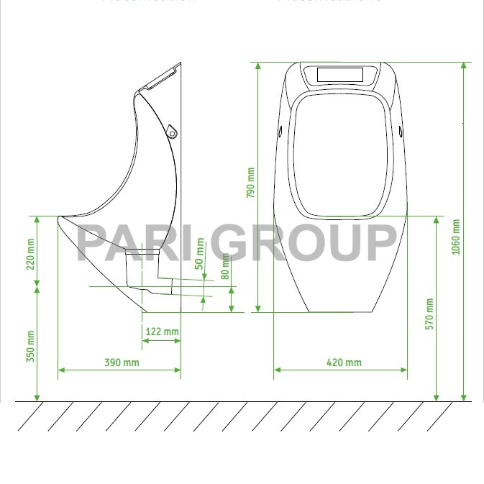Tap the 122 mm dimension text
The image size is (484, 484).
162,332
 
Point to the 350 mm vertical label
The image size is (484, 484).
30,346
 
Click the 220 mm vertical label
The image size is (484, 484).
30,253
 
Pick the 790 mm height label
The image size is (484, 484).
251,183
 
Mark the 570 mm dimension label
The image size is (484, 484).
429,314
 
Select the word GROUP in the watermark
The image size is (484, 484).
303,242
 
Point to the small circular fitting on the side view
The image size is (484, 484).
172,131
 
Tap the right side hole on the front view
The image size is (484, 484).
401,130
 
